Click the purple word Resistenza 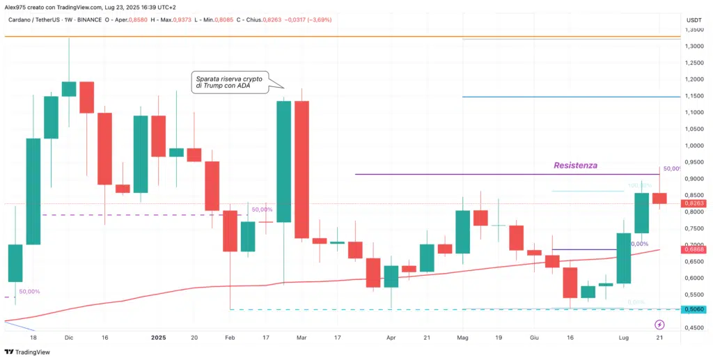tap(575, 166)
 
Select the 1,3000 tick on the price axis tap(694, 46)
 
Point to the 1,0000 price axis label tap(694, 146)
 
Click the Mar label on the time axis tap(301, 337)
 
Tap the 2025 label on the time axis tap(159, 337)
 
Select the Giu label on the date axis tap(533, 337)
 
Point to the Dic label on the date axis tap(68, 337)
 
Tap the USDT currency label tap(694, 19)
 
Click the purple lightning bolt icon tap(659, 324)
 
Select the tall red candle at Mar tap(301, 169)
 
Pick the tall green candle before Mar tap(283, 162)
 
